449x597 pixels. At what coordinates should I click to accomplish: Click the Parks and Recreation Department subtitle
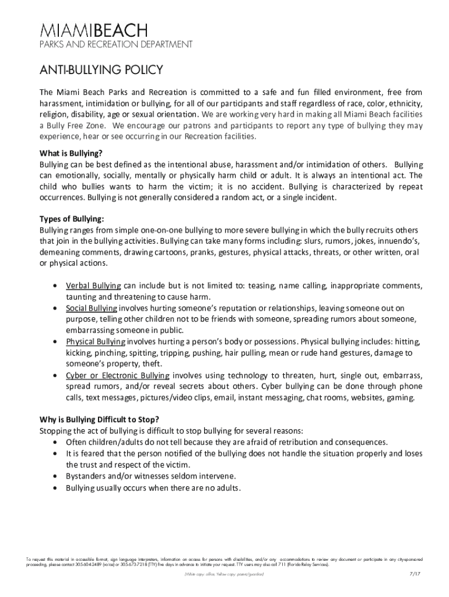click(x=115, y=45)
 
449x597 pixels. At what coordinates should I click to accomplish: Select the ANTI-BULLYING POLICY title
click(x=101, y=71)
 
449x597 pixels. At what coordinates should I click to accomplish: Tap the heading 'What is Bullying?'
click(x=71, y=153)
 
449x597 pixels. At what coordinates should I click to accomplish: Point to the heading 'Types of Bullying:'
click(x=72, y=219)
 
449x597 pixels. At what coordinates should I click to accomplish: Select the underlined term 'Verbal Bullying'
click(x=93, y=286)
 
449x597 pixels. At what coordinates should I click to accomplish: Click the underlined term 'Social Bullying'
click(x=92, y=308)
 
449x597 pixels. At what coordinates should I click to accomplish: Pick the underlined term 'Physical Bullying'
click(x=96, y=342)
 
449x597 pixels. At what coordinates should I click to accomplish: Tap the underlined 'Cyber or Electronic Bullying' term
click(x=118, y=375)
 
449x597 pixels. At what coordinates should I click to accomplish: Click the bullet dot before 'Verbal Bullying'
click(x=55, y=286)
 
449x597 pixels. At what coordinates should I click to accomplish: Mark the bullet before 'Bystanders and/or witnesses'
click(x=55, y=476)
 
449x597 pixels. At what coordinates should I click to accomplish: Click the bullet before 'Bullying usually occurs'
click(x=55, y=488)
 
